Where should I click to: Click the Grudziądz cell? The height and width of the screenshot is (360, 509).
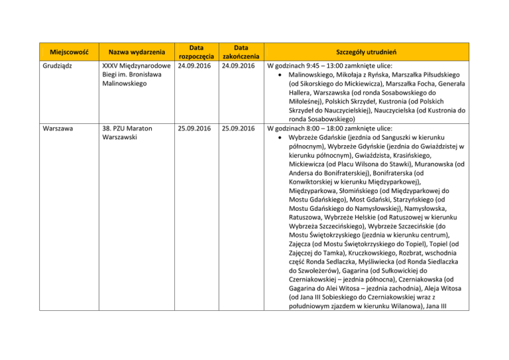click(58, 67)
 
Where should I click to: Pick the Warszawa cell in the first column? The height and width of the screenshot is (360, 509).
click(56, 128)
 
